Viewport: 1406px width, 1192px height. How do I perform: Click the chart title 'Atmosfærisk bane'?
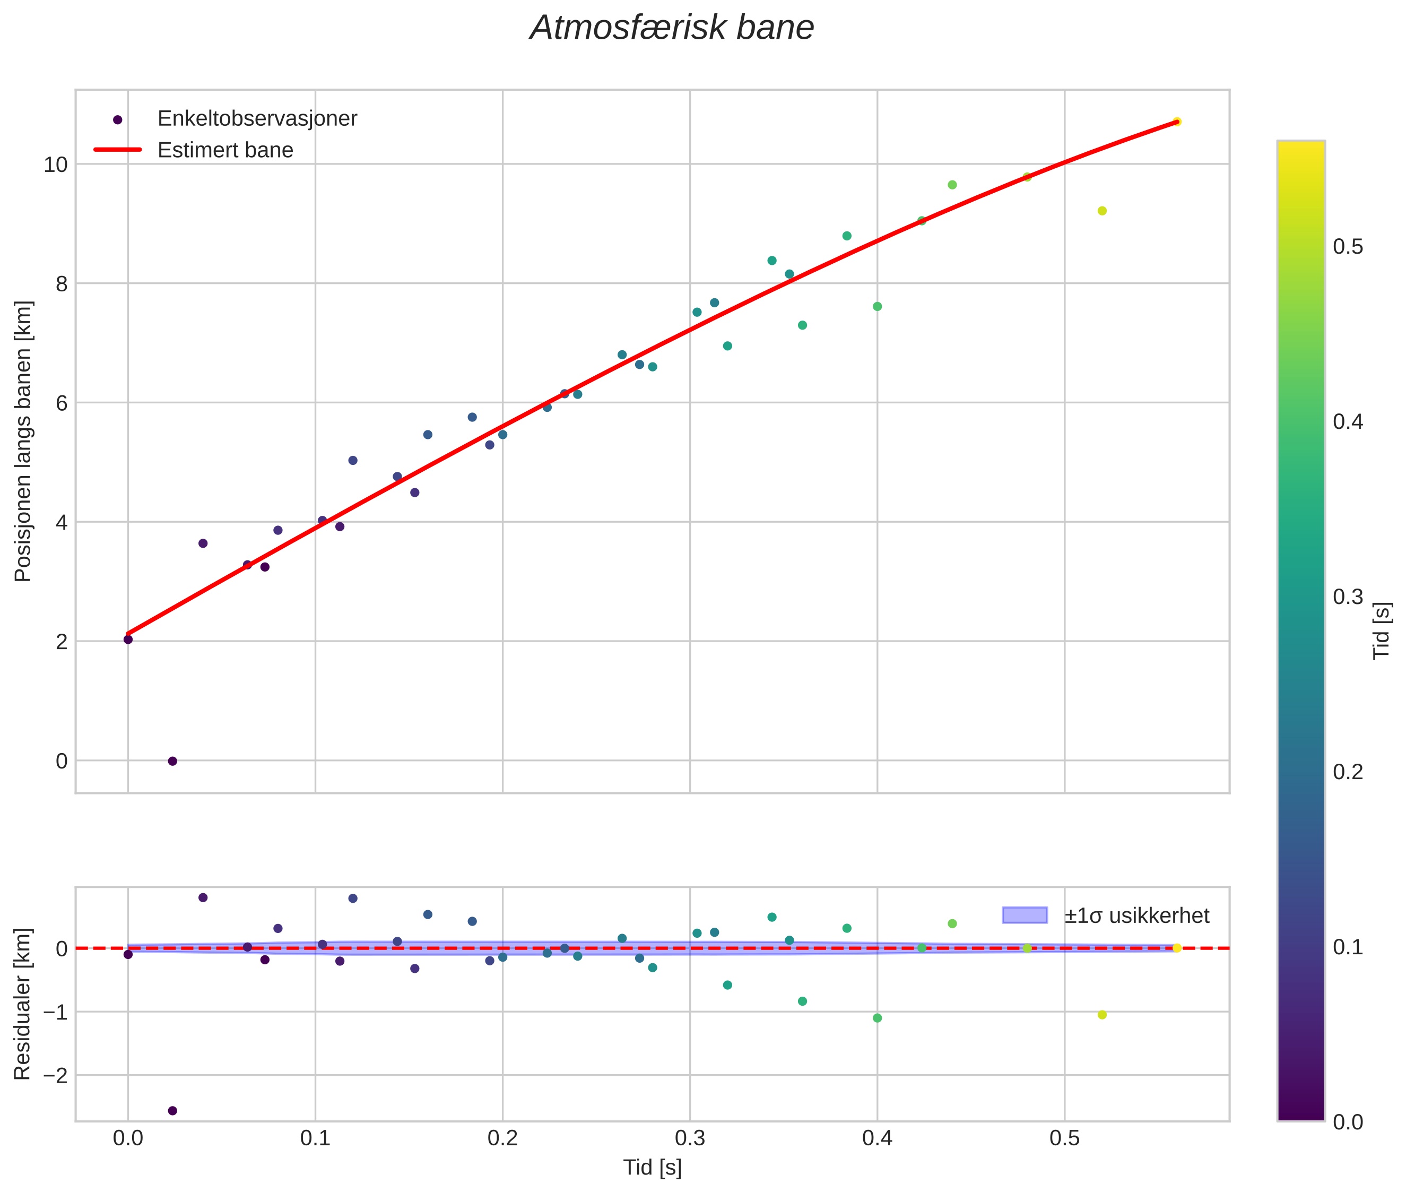[672, 28]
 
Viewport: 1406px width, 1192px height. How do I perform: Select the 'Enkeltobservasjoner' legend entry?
[257, 119]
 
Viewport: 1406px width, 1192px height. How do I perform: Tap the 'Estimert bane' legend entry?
[225, 150]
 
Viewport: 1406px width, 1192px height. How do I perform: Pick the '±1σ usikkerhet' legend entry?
[1136, 915]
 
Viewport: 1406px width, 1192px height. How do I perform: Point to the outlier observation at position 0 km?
[172, 762]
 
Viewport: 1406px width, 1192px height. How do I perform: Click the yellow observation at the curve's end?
[1176, 122]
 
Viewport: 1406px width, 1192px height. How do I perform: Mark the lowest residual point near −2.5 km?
[172, 1111]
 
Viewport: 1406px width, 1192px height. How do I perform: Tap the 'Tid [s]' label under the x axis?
[652, 1168]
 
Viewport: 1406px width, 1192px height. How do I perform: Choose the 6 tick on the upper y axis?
[62, 403]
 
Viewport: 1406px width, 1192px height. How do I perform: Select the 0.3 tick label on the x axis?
[690, 1138]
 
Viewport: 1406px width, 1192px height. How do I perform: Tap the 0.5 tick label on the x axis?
[1064, 1138]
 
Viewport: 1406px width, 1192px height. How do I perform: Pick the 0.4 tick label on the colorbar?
[1347, 422]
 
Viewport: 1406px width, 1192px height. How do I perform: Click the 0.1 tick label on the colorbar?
[1347, 947]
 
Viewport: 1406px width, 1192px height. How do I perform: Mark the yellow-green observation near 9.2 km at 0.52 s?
[1102, 211]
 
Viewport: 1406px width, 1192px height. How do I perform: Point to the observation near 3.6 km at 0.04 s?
[203, 543]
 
